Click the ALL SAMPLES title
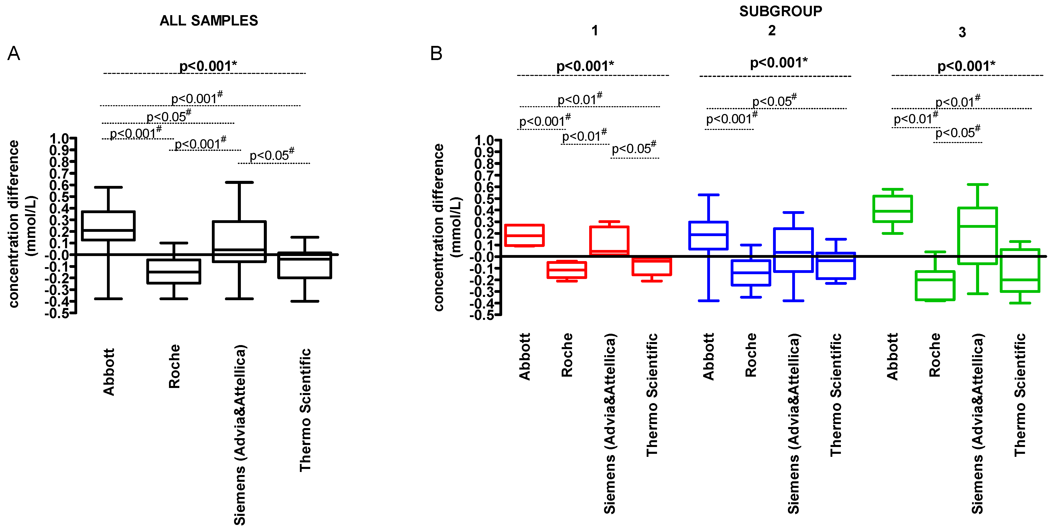pos(209,20)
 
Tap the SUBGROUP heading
pos(780,11)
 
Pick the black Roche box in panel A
pos(174,271)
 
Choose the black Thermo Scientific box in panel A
pos(305,265)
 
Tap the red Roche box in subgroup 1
pos(567,270)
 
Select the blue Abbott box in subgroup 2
pos(708,235)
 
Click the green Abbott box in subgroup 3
pos(892,209)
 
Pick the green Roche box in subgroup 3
pos(935,286)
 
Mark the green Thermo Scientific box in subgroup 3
pos(1020,270)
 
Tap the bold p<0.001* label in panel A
pos(208,66)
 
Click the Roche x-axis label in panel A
pos(174,366)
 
